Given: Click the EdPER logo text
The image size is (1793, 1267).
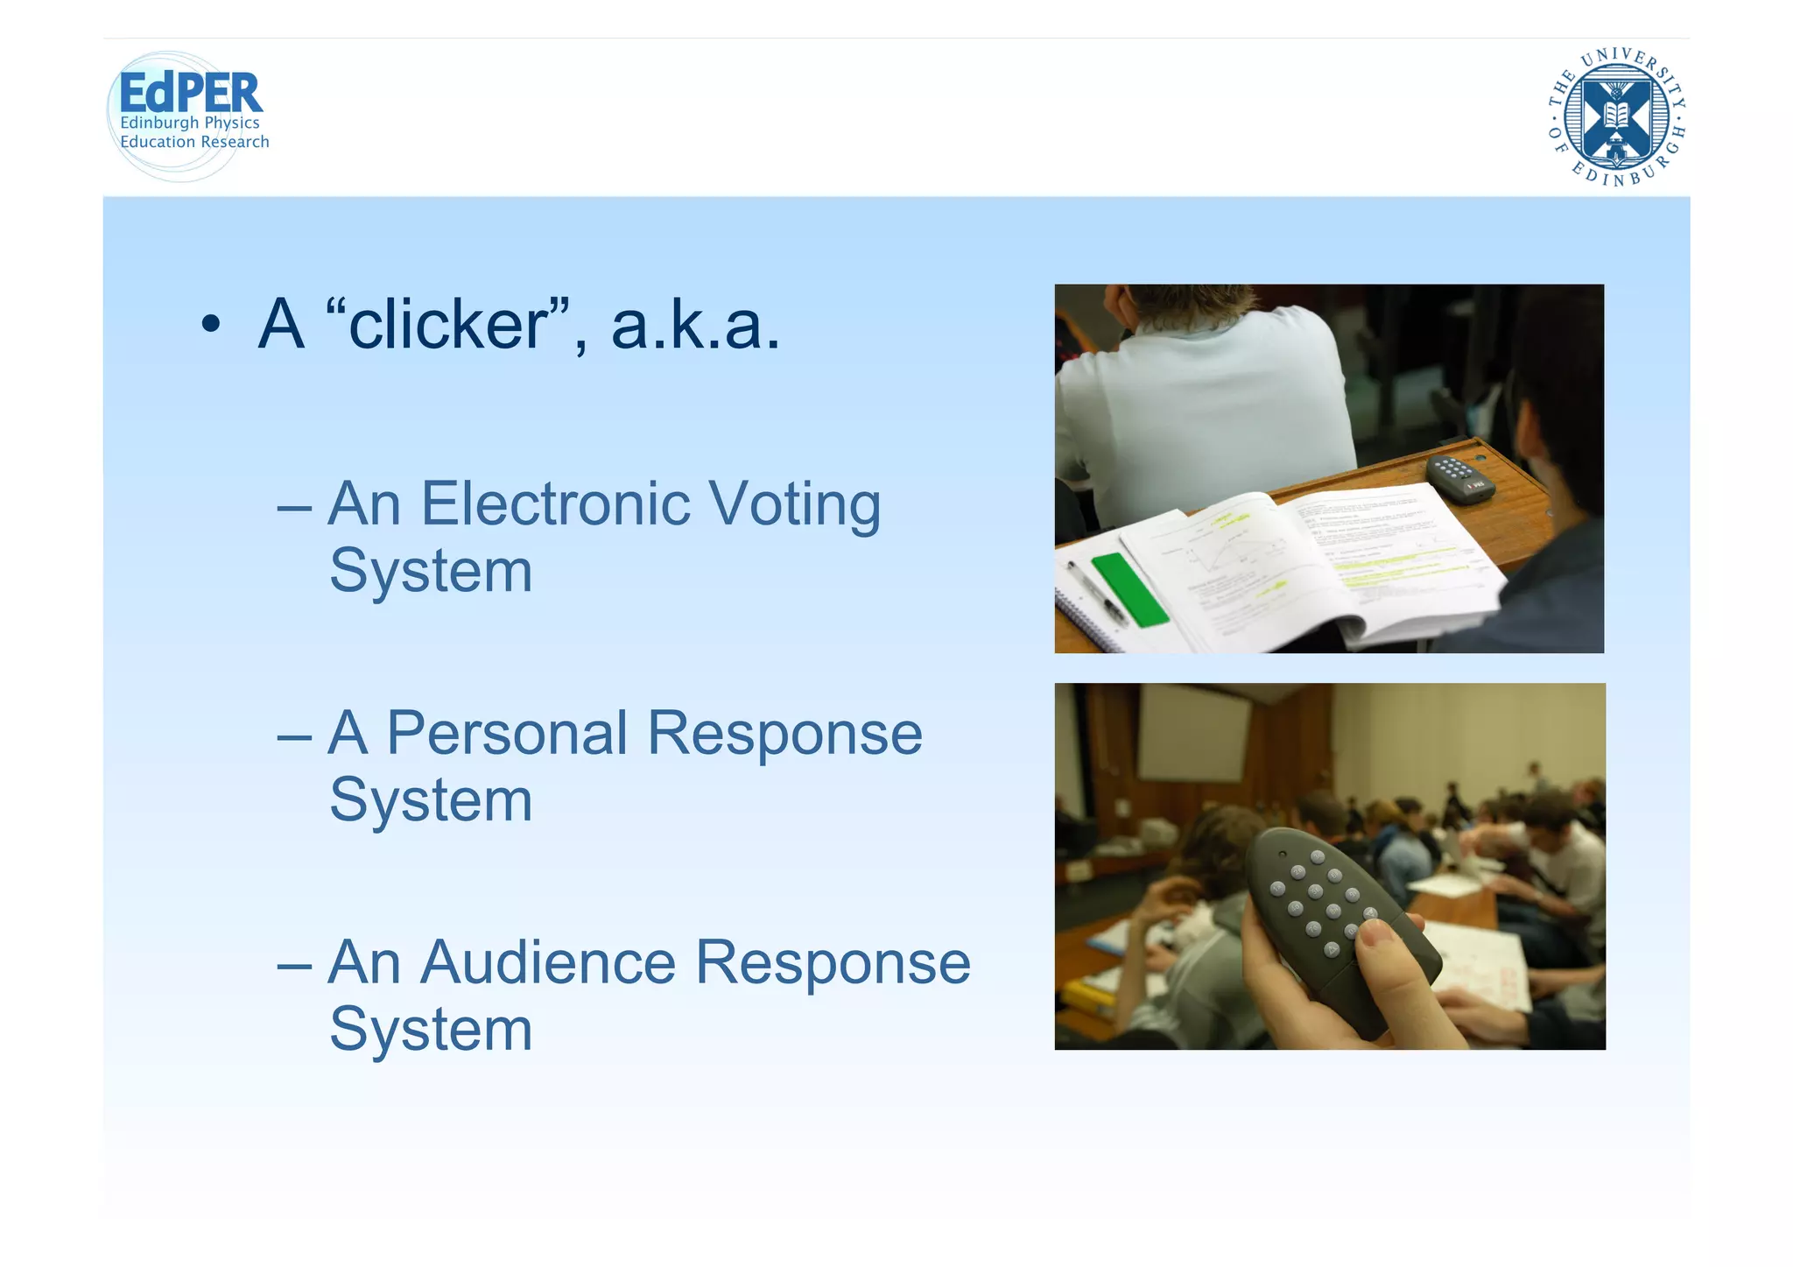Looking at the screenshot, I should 190,93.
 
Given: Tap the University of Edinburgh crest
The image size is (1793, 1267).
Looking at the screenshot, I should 1616,116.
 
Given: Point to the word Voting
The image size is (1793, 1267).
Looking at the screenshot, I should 794,506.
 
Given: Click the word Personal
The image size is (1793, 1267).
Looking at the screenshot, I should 507,733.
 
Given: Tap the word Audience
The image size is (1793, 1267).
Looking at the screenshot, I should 548,963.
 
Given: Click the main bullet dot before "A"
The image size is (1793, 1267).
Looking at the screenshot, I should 210,325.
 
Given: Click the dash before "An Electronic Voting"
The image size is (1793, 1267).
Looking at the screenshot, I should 294,507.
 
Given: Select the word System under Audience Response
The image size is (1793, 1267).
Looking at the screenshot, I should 431,1030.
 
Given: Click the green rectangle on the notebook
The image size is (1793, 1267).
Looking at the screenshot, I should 1129,589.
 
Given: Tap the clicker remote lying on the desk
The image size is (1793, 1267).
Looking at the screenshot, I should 1459,477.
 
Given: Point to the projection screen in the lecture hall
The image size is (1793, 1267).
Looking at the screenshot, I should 1195,732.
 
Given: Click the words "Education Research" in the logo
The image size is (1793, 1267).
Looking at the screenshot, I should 194,142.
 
